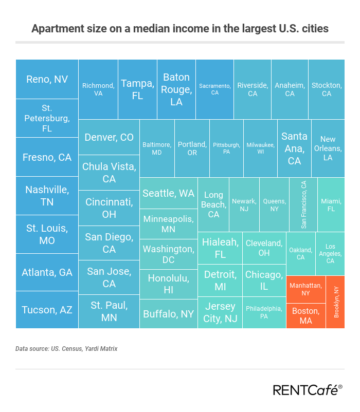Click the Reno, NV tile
(47, 79)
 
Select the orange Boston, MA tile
(306, 315)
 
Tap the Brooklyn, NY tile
(335, 302)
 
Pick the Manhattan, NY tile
(306, 289)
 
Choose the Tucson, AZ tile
(47, 310)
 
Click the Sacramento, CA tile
(214, 89)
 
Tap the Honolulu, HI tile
(168, 284)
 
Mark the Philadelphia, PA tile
(264, 312)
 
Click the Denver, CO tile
(109, 137)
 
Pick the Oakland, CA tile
(300, 254)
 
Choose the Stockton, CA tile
(326, 89)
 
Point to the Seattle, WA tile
(168, 193)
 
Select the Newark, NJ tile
(244, 204)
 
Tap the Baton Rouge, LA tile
(176, 89)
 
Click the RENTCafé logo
(307, 390)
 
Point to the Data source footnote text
(66, 349)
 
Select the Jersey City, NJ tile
(220, 312)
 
